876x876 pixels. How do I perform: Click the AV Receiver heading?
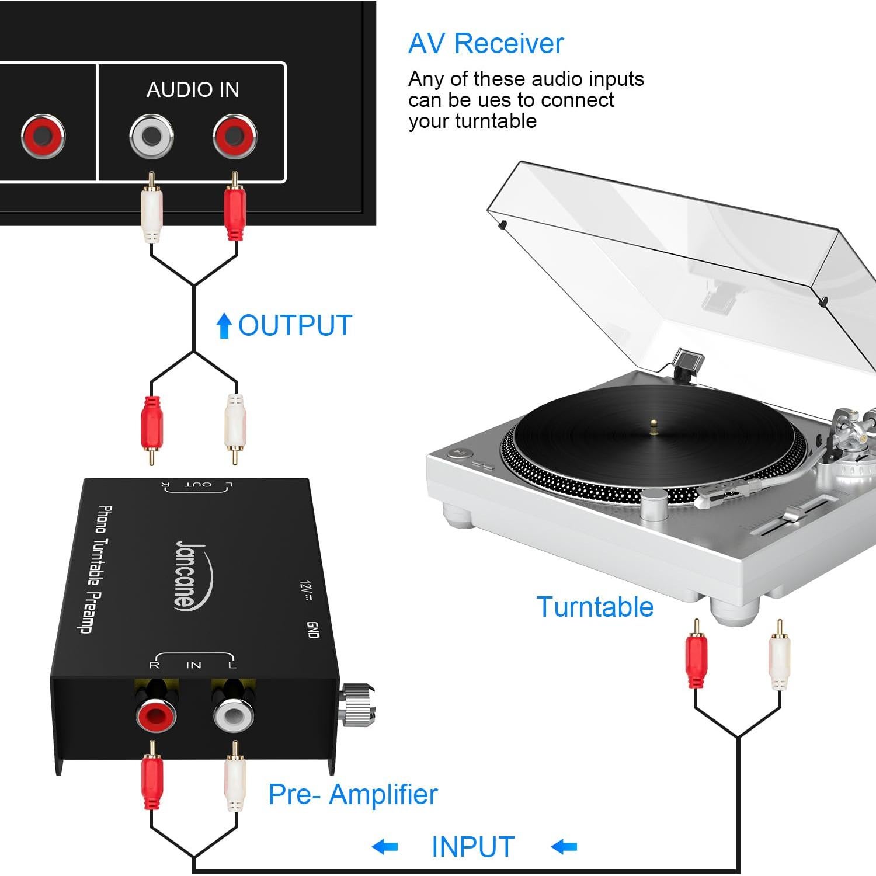click(x=486, y=43)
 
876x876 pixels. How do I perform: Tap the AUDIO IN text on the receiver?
click(x=193, y=89)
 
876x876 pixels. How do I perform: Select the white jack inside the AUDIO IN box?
click(x=151, y=137)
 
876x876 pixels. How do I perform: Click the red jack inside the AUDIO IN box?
click(x=235, y=137)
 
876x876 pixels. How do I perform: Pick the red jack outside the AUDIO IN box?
click(x=43, y=137)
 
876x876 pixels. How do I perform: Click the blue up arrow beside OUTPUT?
click(x=224, y=325)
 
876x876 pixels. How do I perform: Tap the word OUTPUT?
click(x=295, y=325)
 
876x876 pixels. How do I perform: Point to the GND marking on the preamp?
click(x=313, y=629)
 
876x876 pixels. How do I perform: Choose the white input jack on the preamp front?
click(x=234, y=715)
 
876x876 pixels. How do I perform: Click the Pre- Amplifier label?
click(x=353, y=794)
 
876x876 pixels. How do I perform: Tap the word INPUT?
click(x=472, y=847)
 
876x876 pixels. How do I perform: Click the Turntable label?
click(x=595, y=607)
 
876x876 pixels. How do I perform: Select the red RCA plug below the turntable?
click(x=696, y=660)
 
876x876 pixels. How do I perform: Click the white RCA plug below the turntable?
click(x=779, y=660)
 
